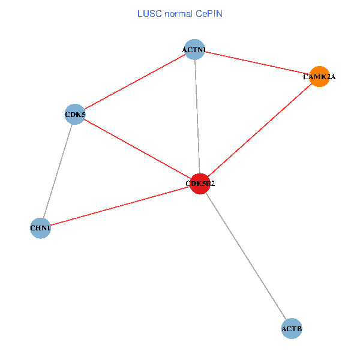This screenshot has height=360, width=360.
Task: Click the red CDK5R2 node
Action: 200,184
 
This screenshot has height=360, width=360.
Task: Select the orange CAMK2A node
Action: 319,76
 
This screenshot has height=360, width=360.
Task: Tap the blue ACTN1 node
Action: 194,49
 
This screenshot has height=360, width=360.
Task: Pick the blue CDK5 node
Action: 75,114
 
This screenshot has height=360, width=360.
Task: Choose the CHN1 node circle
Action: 40,228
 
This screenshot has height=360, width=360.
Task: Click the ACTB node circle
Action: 292,328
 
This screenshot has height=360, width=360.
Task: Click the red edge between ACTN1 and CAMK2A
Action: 257,63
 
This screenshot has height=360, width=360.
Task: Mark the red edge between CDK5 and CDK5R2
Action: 137,149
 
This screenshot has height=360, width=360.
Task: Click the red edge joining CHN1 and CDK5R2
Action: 120,206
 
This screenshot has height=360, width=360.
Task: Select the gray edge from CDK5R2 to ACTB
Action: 246,256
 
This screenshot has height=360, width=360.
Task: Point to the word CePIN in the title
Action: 208,14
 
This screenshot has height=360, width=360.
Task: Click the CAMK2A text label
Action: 319,77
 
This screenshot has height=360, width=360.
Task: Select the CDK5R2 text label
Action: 200,184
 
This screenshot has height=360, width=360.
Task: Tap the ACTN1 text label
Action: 194,49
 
